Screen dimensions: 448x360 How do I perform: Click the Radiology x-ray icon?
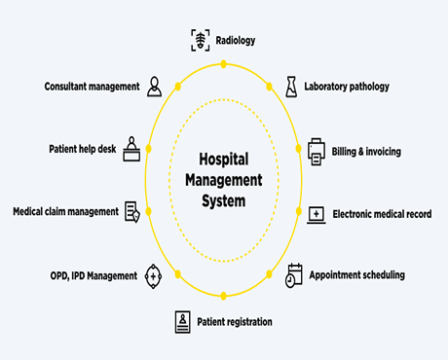pyautogui.click(x=201, y=40)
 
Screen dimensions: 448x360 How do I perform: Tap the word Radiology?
pyautogui.click(x=236, y=41)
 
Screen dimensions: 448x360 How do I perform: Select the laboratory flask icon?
pyautogui.click(x=291, y=87)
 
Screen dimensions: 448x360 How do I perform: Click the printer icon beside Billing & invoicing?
pyautogui.click(x=317, y=152)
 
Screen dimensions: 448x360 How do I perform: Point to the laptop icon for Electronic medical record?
pyautogui.click(x=317, y=215)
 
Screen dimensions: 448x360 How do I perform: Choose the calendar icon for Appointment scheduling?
pyautogui.click(x=294, y=275)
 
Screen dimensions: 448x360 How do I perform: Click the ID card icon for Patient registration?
pyautogui.click(x=183, y=322)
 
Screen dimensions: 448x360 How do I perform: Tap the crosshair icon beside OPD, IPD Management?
pyautogui.click(x=153, y=276)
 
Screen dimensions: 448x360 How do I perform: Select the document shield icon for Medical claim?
pyautogui.click(x=132, y=212)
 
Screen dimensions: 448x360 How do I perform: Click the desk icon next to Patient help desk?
pyautogui.click(x=131, y=149)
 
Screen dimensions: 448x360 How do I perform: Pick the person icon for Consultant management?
pyautogui.click(x=154, y=87)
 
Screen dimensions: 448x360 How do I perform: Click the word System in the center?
pyautogui.click(x=224, y=201)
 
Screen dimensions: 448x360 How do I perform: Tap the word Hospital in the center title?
pyautogui.click(x=224, y=160)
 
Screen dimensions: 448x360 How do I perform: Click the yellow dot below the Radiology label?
pyautogui.click(x=223, y=64)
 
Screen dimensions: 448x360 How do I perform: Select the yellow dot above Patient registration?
pyautogui.click(x=223, y=296)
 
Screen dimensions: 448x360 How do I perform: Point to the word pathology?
pyautogui.click(x=369, y=87)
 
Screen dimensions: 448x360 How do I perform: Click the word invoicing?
pyautogui.click(x=384, y=152)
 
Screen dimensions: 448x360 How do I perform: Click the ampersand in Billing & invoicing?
pyautogui.click(x=360, y=152)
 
